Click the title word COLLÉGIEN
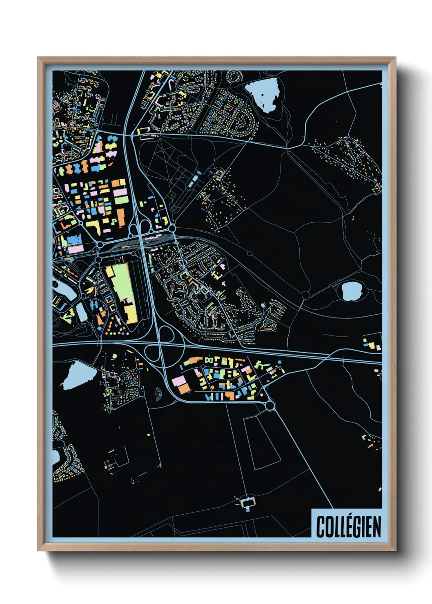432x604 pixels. click(x=348, y=526)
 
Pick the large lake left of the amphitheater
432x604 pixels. click(x=78, y=375)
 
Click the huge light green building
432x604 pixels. click(x=120, y=282)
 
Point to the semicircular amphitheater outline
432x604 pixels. click(x=158, y=395)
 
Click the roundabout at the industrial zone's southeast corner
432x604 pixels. click(x=269, y=406)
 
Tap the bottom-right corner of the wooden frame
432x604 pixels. click(x=395, y=550)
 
